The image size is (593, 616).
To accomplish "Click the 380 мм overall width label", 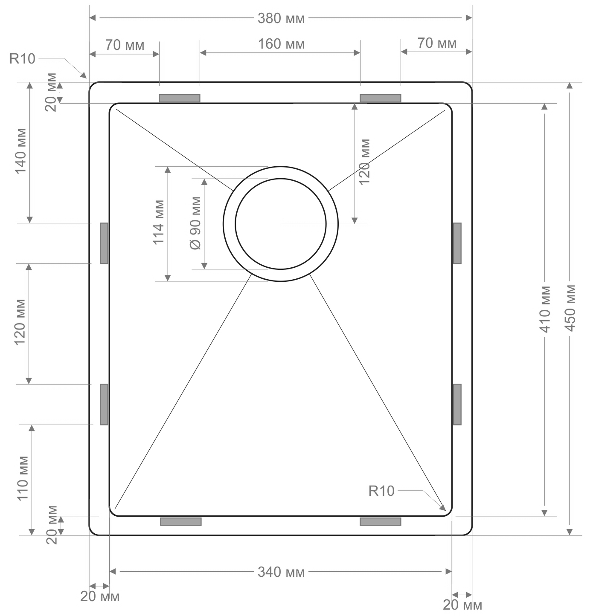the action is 281,18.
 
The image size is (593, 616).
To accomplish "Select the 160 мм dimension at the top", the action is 281,44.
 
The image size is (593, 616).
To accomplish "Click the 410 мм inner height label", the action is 545,309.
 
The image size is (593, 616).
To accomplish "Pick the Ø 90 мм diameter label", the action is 195,223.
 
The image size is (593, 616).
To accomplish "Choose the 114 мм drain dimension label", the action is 158,222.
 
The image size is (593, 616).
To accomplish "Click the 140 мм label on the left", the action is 20,151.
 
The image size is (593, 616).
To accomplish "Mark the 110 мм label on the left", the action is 22,478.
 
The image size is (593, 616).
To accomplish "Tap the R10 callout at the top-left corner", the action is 22,58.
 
